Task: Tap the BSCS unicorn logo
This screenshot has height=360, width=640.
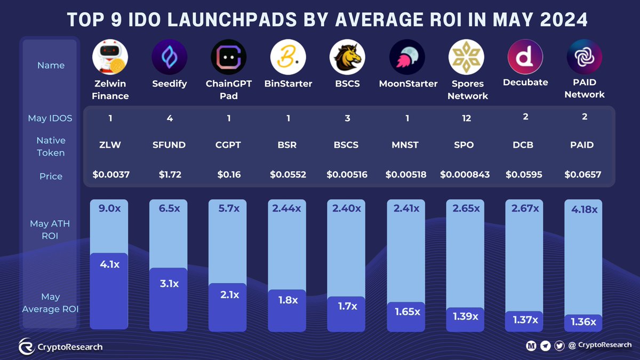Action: pos(347,57)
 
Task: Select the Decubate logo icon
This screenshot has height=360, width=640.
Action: pos(525,57)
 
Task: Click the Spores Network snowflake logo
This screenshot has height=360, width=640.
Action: pos(467,57)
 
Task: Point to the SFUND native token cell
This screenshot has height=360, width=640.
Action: pos(170,145)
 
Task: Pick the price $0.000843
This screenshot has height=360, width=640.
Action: pos(465,174)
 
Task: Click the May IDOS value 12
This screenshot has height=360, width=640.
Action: pos(467,118)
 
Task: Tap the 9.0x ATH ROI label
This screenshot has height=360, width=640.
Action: pos(110,209)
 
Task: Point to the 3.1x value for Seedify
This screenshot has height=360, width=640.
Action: pos(169,284)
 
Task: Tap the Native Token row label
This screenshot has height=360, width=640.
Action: pos(51,147)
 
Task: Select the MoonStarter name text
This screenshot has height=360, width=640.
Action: pos(408,84)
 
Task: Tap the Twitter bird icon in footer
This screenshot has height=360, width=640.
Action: pos(559,346)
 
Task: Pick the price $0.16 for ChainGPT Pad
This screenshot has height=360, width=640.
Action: pos(229,174)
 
